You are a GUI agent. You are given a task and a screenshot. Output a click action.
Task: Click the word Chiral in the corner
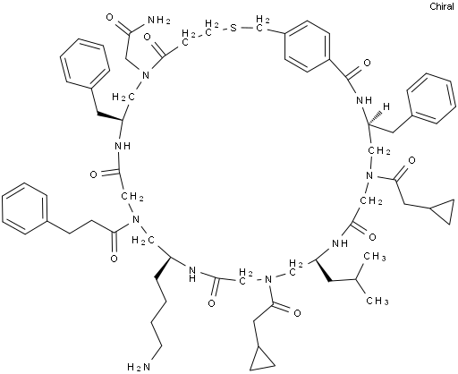(x=442, y=6)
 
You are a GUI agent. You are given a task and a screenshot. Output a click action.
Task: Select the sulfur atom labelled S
(x=233, y=29)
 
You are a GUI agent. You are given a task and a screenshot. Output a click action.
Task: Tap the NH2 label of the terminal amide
(x=159, y=21)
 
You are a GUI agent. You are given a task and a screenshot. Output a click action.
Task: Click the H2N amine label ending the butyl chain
(x=139, y=366)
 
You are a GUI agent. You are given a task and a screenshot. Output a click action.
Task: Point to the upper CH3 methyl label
(x=376, y=257)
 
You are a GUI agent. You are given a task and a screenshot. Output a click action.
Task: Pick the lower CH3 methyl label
(x=377, y=301)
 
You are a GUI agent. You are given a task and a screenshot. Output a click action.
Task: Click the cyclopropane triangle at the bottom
(x=262, y=359)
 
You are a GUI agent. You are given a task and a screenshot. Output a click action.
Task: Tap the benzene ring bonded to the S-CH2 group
(x=307, y=47)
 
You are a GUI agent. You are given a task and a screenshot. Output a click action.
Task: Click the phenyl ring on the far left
(x=25, y=208)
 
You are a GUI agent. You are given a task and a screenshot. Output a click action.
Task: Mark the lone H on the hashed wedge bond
(x=386, y=106)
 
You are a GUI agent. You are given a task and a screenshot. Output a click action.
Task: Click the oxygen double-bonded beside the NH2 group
(x=110, y=17)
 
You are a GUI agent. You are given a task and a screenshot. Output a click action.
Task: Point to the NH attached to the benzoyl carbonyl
(x=364, y=100)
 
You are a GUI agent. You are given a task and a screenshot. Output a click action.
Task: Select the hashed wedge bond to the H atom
(x=375, y=118)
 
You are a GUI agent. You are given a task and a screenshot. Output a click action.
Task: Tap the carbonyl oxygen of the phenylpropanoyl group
(x=114, y=259)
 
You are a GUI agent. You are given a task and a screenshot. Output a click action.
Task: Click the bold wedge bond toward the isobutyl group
(x=322, y=270)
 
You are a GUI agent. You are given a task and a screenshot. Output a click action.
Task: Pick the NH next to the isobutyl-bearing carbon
(x=340, y=243)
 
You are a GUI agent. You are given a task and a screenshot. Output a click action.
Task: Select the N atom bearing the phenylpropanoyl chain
(x=136, y=220)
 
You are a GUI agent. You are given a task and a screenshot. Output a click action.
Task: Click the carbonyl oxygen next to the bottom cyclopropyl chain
(x=297, y=313)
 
